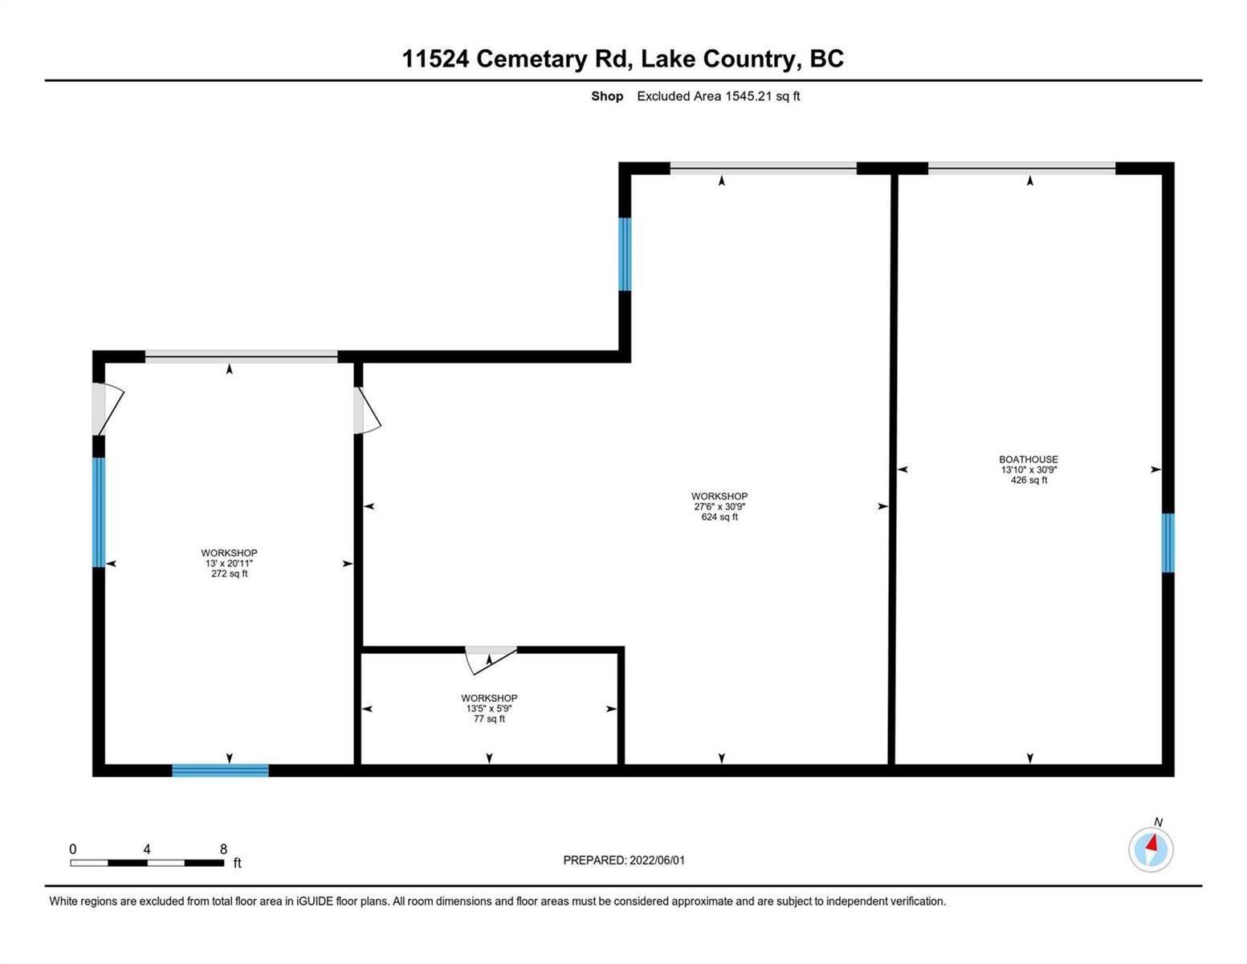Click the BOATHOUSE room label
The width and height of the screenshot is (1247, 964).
[1029, 460]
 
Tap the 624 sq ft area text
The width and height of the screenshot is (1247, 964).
[719, 517]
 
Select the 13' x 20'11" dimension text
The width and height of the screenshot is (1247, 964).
[229, 563]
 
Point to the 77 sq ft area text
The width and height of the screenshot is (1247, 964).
[490, 718]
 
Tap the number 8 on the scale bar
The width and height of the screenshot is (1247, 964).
[223, 848]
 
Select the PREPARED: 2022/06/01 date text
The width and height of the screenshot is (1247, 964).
[624, 860]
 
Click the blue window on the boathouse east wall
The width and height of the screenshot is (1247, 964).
[1168, 542]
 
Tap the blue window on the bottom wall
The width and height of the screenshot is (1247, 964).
[220, 770]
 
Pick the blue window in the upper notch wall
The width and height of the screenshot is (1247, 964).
[625, 255]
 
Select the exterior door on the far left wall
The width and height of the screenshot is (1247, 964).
[108, 409]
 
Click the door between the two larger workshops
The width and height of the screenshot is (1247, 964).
[367, 410]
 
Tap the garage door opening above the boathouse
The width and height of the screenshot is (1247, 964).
[1021, 168]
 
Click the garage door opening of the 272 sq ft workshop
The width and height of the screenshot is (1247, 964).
[241, 357]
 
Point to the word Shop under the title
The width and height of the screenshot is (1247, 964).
[607, 96]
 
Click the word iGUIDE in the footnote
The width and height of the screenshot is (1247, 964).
[315, 901]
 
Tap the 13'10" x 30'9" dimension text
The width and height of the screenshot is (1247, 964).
[1029, 470]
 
